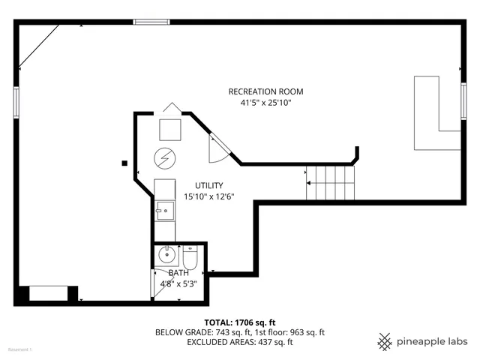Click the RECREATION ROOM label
click(x=266, y=91)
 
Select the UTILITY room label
click(x=209, y=185)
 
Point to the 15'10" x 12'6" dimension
click(x=209, y=196)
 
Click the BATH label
click(x=178, y=273)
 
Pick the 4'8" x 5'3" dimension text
click(x=178, y=283)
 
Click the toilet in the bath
click(x=190, y=258)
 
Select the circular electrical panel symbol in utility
click(x=164, y=158)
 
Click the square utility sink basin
click(x=163, y=211)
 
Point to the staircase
click(x=330, y=182)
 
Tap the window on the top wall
click(x=151, y=22)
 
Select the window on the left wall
click(x=15, y=102)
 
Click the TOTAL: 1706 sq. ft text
click(x=240, y=322)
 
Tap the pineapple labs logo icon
click(x=385, y=341)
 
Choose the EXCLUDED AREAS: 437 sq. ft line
click(x=240, y=342)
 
